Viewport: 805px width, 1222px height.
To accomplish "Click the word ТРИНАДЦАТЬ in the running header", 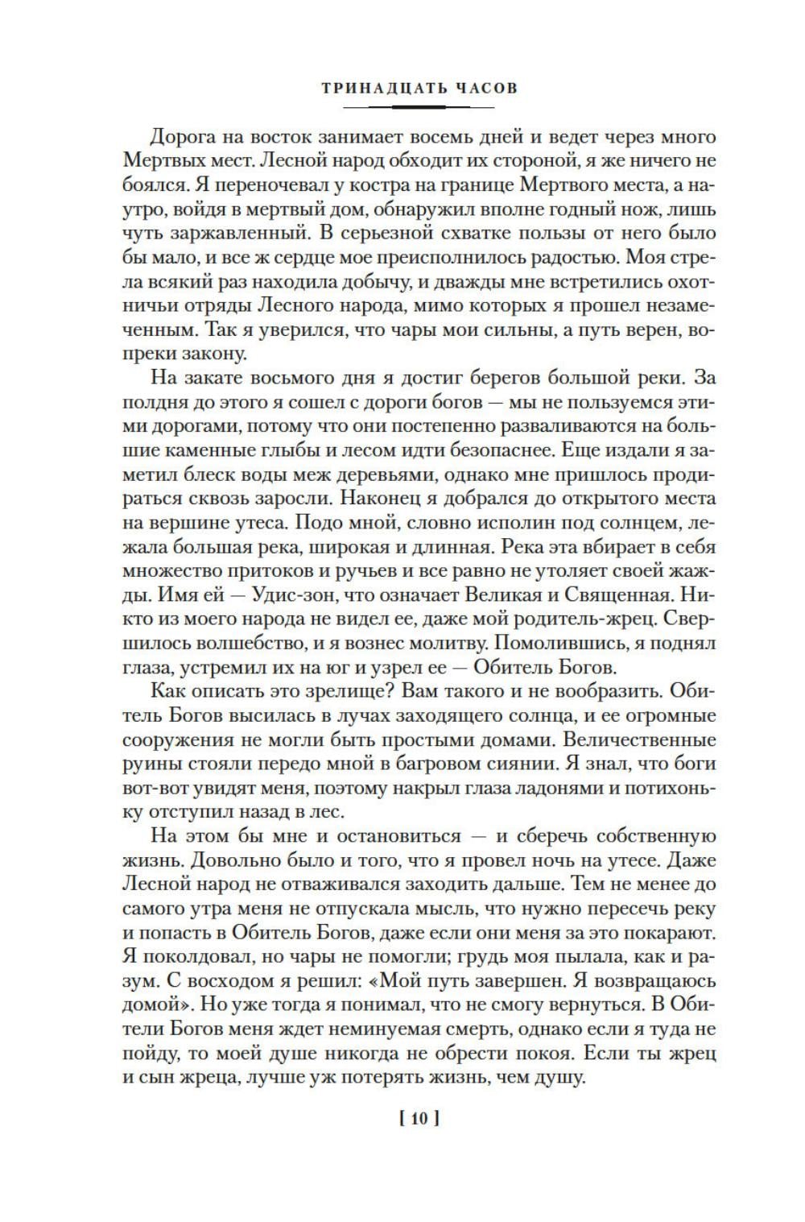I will click(373, 88).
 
